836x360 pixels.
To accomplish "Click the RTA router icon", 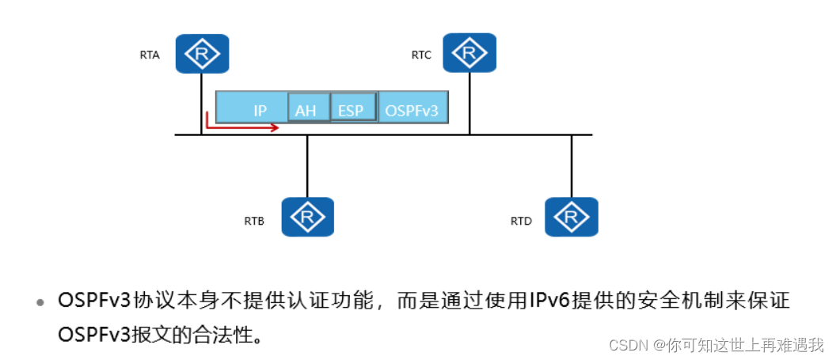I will click(x=202, y=53).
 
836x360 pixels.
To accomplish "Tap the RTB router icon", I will click(x=308, y=216).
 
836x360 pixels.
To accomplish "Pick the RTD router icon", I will click(x=572, y=216).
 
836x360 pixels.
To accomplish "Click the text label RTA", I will click(x=150, y=55).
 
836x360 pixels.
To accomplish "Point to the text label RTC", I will click(x=421, y=55).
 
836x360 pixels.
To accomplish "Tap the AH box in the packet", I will click(x=306, y=110).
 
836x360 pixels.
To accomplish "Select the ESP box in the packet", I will click(x=351, y=110).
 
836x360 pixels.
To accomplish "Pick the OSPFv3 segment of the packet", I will click(x=412, y=110).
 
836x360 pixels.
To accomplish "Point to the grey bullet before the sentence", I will click(x=40, y=303).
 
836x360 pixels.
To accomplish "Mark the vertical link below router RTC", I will click(x=469, y=103).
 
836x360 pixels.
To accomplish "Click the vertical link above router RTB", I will click(x=308, y=166).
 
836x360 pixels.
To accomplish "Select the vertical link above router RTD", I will click(x=572, y=166).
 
